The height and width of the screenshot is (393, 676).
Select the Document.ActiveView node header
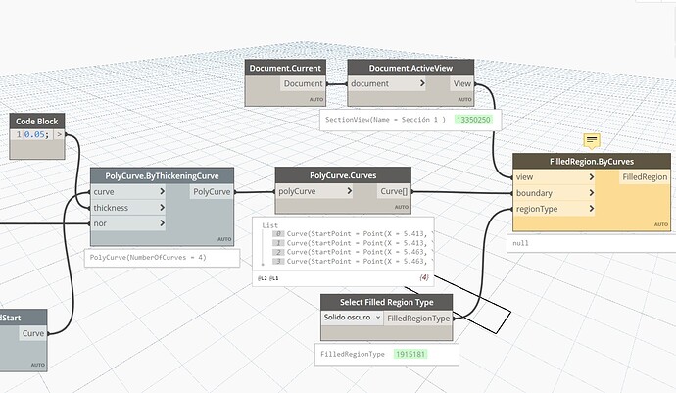coord(410,68)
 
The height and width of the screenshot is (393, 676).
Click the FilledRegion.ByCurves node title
coord(592,162)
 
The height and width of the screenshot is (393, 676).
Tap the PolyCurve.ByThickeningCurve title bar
coord(162,176)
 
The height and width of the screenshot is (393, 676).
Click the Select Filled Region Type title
coord(387,302)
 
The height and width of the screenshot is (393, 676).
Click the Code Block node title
coord(38,122)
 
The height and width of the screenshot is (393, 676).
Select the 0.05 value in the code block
coord(35,136)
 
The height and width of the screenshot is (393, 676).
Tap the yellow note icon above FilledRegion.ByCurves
coord(592,141)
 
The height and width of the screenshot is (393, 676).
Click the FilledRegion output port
coord(644,177)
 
